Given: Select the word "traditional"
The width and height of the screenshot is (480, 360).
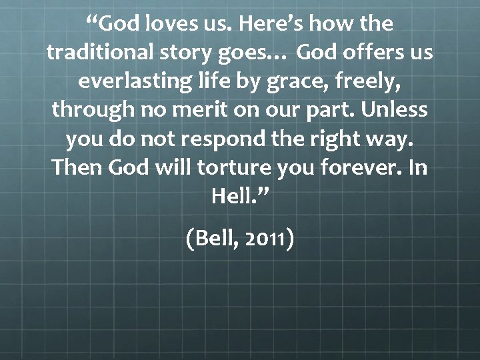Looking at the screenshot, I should point(102,53).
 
